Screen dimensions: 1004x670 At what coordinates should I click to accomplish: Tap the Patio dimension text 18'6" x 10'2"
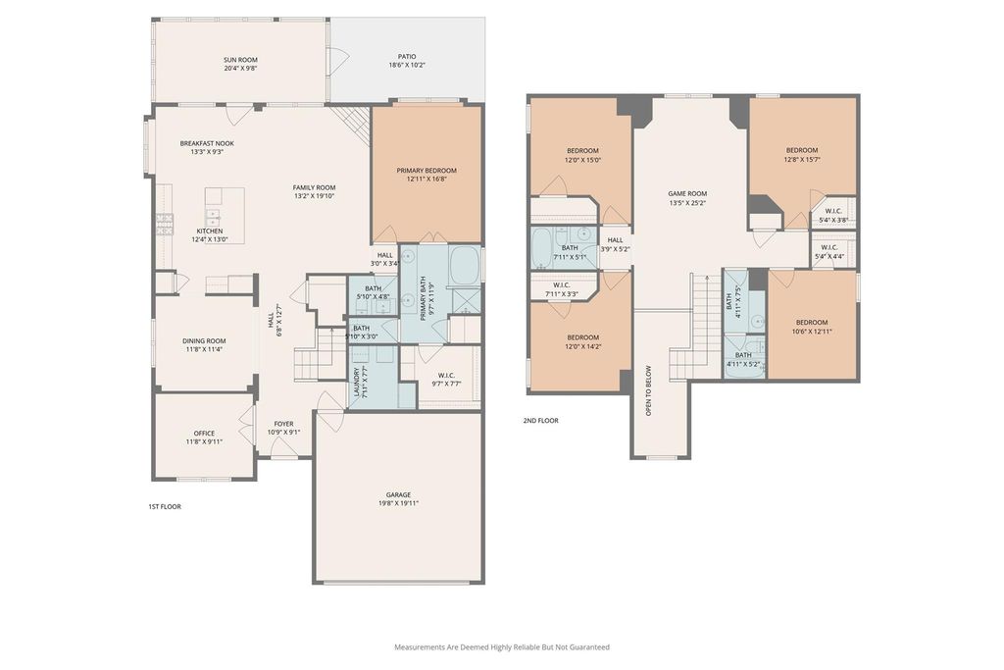[x=407, y=66]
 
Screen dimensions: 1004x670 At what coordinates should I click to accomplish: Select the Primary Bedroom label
[x=427, y=171]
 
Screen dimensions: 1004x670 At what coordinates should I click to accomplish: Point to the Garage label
[x=398, y=494]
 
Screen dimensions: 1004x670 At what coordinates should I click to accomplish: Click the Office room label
[x=204, y=433]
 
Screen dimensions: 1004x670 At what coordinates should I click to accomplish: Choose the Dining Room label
[x=204, y=340]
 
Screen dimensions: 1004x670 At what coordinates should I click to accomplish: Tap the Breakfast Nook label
[x=207, y=143]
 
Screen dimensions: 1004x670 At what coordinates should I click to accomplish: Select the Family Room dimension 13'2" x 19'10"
[x=315, y=196]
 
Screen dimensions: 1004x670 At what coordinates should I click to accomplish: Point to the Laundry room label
[x=357, y=381]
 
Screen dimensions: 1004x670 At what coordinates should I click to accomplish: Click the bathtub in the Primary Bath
[x=465, y=265]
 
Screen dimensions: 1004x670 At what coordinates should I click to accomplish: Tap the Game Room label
[x=687, y=193]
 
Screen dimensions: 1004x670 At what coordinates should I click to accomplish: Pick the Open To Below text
[x=649, y=390]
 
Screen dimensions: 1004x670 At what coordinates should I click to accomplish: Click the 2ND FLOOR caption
[x=541, y=421]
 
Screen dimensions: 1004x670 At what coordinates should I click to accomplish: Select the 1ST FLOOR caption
[x=165, y=506]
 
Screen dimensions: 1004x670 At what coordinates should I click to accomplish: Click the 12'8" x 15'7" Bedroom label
[x=802, y=154]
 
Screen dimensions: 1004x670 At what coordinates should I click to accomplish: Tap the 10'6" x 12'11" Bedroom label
[x=812, y=327]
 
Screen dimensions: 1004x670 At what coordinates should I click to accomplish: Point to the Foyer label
[x=283, y=424]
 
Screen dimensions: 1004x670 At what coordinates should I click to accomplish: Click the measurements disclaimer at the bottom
[x=502, y=646]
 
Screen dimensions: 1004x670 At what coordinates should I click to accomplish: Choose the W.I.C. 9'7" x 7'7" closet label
[x=446, y=380]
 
